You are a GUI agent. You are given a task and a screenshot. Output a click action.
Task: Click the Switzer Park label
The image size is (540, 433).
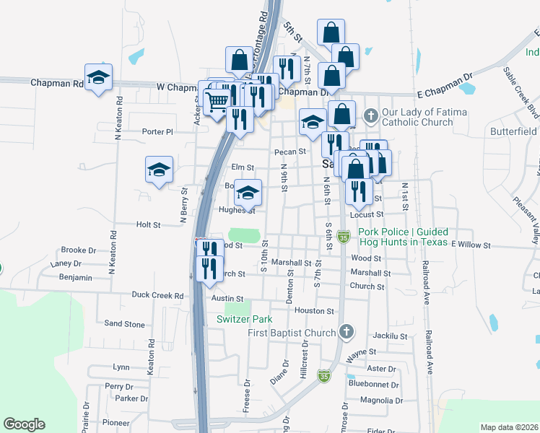pos(243,318)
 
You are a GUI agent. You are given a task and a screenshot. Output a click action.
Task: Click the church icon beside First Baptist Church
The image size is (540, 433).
pos(347,332)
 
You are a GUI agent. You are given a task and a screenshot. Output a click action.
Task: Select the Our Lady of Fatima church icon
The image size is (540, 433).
pos(370,115)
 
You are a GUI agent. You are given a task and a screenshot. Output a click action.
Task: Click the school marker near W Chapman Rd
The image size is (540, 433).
pos(99,78)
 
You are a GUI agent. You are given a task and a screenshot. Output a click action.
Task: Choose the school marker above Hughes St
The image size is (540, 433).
pos(248,193)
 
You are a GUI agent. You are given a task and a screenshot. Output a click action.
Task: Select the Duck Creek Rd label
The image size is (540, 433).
pos(158,295)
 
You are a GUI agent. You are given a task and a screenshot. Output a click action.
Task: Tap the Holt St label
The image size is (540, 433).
pos(148,224)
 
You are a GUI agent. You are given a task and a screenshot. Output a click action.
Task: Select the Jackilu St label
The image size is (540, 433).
pos(391,336)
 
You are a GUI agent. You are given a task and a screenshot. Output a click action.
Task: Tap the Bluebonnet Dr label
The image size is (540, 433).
pos(373,385)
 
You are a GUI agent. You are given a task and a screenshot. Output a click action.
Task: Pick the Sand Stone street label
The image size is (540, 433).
pos(125,324)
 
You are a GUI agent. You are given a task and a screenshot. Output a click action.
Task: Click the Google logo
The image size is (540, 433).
pos(24,424)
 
